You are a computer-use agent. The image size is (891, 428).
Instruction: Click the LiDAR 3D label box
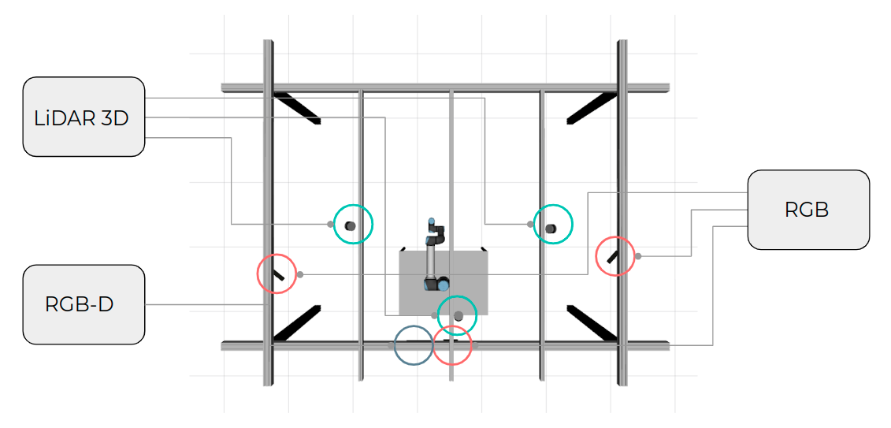coord(84,117)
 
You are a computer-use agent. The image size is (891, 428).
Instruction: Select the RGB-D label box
coord(84,304)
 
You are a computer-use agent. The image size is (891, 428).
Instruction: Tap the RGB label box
coord(808,210)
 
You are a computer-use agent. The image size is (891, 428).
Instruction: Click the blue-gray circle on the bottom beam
coord(414,345)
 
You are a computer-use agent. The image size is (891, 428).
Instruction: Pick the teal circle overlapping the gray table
coord(457,314)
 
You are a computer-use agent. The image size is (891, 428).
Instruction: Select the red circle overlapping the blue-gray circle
coord(452,345)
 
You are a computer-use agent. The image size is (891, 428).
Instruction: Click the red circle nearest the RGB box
coord(614,256)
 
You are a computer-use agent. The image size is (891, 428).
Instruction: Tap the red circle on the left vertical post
coord(277,274)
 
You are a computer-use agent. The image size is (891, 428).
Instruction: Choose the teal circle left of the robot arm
coord(353,224)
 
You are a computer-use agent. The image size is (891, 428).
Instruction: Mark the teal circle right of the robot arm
coord(553,224)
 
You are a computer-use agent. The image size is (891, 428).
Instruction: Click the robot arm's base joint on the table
coord(436,283)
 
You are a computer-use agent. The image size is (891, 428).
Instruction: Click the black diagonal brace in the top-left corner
coord(297,107)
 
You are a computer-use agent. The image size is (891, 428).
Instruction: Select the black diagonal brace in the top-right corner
coord(591,107)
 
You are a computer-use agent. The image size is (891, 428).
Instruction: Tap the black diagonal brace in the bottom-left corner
coord(297,323)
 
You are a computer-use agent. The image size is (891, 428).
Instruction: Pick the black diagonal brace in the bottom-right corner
coord(591,323)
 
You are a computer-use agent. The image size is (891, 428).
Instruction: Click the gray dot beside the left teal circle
coord(330,224)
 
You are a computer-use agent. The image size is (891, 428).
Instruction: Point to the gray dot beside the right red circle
coord(638,256)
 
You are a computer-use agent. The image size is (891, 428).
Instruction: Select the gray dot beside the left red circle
coord(300,274)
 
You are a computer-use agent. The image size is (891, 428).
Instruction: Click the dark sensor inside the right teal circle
coord(550,229)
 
